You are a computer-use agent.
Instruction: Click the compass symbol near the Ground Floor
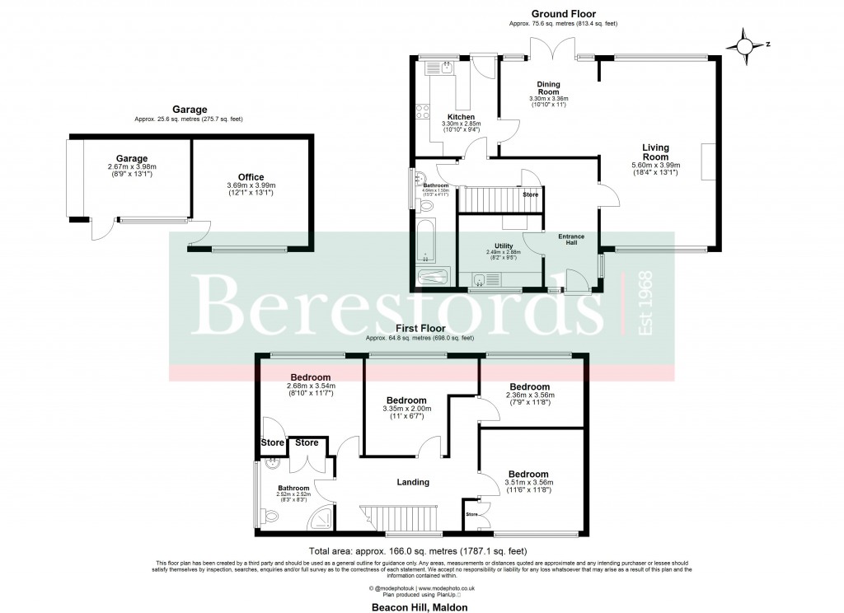746,45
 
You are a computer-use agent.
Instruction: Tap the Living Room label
656,152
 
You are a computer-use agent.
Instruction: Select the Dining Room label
549,88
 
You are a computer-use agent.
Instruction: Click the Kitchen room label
461,117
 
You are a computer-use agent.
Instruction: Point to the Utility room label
504,246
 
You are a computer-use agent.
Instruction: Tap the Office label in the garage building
251,177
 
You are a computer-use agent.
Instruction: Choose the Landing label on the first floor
413,482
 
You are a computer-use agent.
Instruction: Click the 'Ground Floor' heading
564,14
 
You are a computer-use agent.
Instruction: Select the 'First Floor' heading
421,327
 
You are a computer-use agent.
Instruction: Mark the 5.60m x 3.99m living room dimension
656,165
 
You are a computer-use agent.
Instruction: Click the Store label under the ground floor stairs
530,195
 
